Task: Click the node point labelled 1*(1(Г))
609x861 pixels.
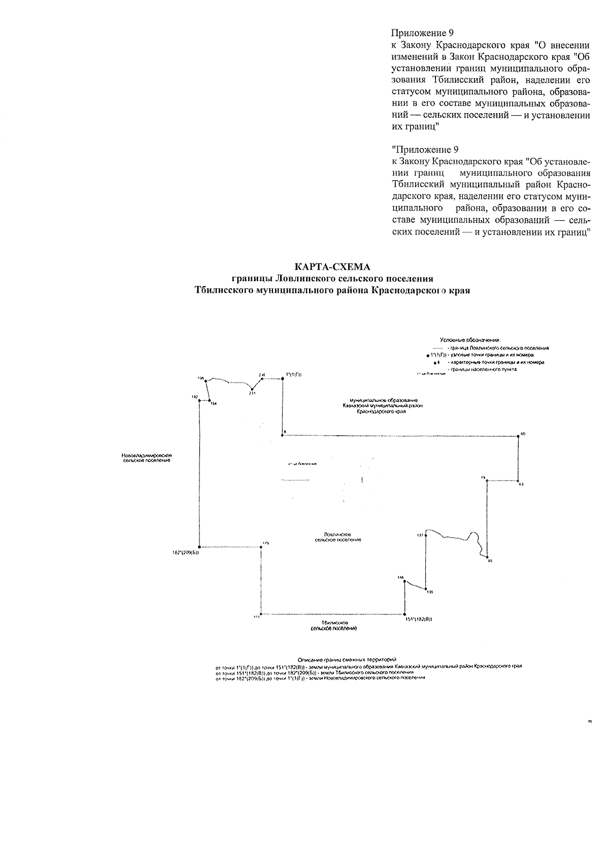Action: (282, 378)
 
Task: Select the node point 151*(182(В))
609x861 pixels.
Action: (405, 614)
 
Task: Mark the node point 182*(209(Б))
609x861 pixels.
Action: (199, 547)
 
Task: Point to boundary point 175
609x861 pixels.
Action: (261, 547)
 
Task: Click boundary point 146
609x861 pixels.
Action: (404, 581)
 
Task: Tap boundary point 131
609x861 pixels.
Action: (425, 535)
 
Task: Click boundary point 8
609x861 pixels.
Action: (282, 435)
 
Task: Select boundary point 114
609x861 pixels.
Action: (210, 401)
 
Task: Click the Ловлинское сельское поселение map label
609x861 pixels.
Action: (337, 537)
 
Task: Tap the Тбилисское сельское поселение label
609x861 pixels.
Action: (334, 625)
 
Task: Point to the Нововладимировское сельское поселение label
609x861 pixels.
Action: (146, 458)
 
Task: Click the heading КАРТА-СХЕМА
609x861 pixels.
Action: (332, 266)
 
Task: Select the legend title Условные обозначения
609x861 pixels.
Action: (469, 339)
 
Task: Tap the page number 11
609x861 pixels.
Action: (590, 720)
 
